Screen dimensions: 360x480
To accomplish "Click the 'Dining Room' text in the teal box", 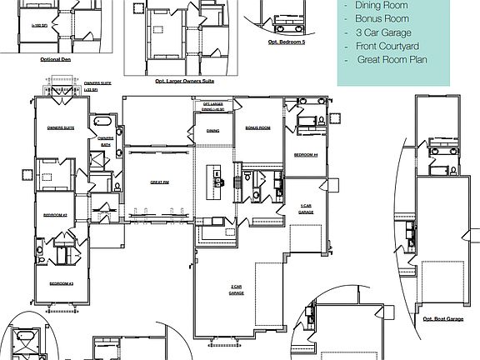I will (382, 4).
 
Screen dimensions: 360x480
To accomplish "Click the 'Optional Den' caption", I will (55, 59).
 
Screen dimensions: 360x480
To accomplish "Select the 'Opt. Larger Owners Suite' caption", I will (184, 82).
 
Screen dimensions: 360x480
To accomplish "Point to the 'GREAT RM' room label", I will (159, 182).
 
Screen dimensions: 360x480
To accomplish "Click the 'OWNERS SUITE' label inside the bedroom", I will (61, 128).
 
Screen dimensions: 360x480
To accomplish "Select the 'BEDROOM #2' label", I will (55, 215).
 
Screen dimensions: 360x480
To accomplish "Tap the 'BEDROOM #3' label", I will (61, 283).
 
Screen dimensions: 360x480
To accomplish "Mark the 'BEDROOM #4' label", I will (306, 155).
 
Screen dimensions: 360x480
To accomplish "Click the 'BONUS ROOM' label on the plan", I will (257, 128).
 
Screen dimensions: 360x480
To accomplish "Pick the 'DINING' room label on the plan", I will (213, 130).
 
